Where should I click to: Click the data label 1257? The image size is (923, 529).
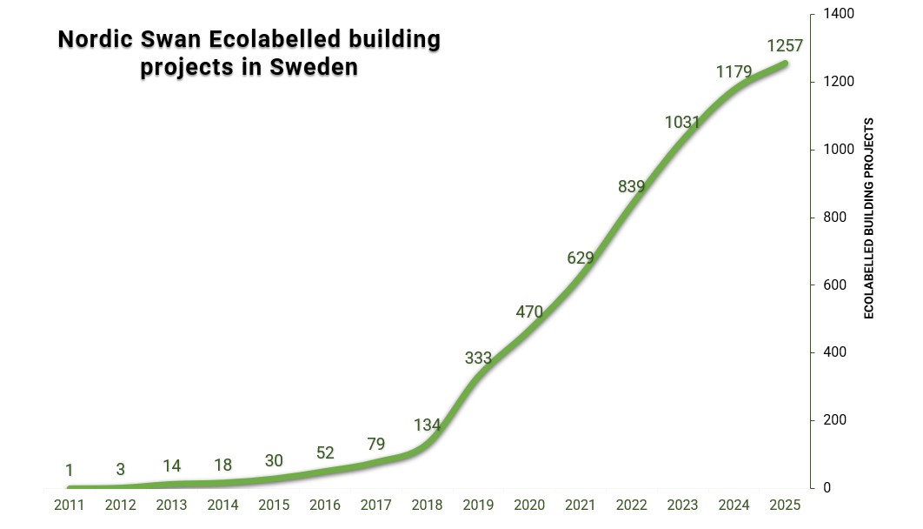coord(785,45)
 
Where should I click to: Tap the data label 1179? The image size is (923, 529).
coord(734,71)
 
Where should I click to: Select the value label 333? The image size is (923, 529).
coord(478,358)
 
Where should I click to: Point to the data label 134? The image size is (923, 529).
coord(427,425)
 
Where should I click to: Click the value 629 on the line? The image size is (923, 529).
coord(580,258)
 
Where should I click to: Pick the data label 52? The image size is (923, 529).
coord(325,452)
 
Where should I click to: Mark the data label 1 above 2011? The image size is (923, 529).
coord(70,471)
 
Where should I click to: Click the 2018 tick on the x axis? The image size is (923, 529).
coord(427,505)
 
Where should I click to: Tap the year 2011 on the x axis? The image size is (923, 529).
coord(70,505)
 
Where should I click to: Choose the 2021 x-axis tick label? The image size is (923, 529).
coord(581,505)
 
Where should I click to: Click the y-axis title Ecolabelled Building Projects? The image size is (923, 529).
coord(868,218)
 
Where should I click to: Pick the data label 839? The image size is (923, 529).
coord(632,186)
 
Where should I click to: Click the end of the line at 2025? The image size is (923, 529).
coord(785,63)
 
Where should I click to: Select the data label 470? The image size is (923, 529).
coord(528,311)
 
